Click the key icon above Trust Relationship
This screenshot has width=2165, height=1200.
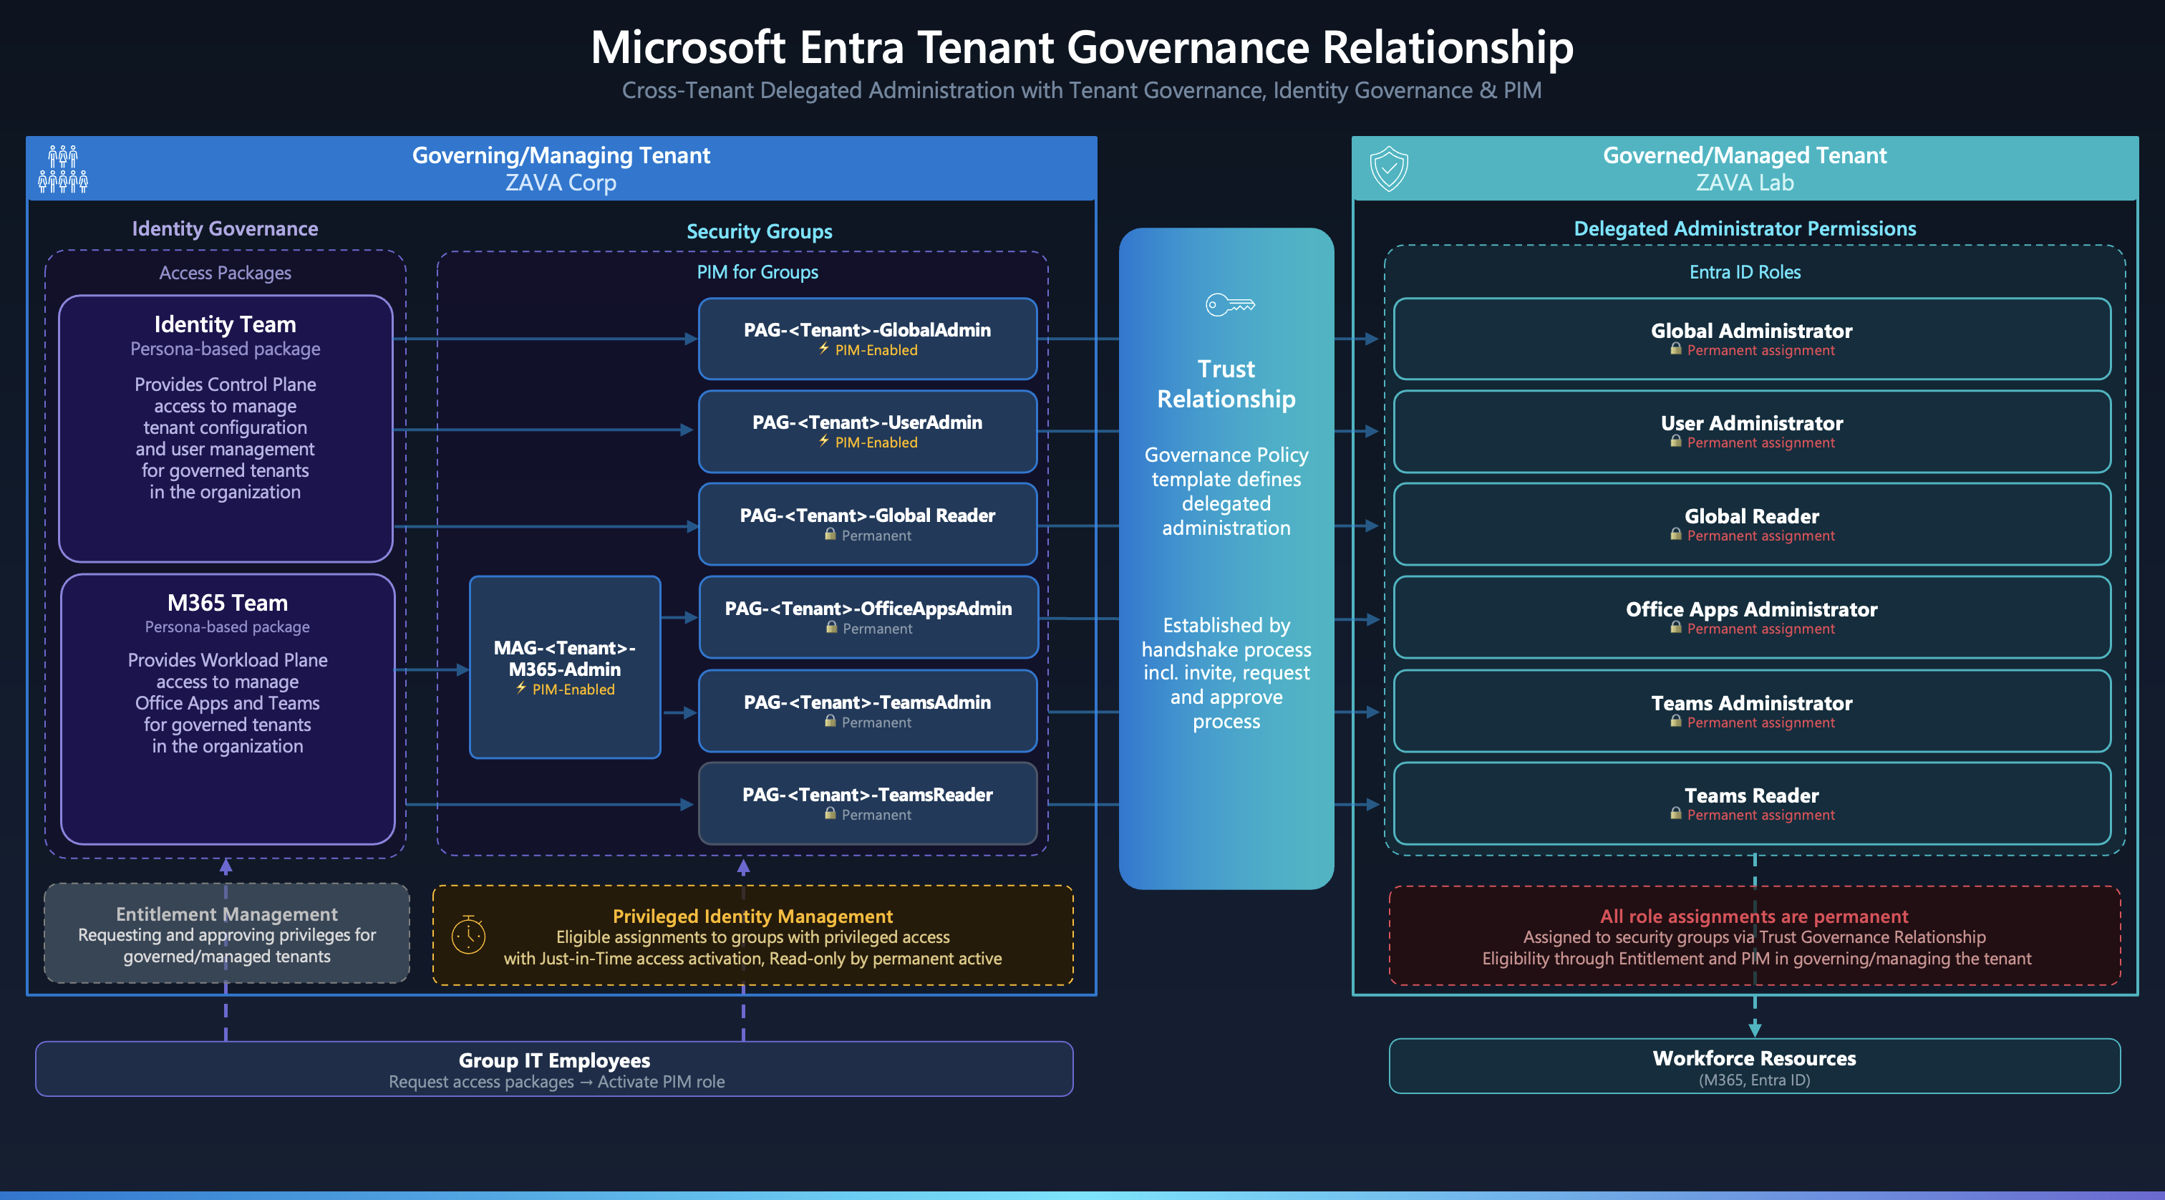click(x=1229, y=304)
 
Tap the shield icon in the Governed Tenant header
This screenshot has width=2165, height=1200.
click(x=1388, y=168)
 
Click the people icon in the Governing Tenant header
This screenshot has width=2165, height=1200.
click(x=63, y=169)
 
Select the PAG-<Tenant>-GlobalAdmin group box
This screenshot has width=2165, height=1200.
click(x=867, y=339)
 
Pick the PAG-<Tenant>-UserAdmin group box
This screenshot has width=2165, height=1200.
click(x=867, y=431)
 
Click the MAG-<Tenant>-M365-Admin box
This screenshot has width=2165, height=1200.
click(x=565, y=667)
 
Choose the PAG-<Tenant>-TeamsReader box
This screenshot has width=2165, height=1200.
click(x=867, y=803)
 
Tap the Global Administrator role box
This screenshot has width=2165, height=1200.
click(x=1751, y=339)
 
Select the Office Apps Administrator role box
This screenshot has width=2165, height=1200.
click(x=1751, y=618)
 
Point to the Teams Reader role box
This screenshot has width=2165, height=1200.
click(x=1751, y=803)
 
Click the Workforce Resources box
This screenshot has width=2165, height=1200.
click(x=1754, y=1066)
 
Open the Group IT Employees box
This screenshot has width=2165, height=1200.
click(x=554, y=1069)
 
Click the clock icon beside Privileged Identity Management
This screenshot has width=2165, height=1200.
click(x=468, y=934)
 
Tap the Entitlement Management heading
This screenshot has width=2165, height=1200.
click(x=227, y=914)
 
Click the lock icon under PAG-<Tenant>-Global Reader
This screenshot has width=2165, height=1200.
click(x=830, y=534)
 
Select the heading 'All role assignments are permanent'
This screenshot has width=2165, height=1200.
click(x=1754, y=916)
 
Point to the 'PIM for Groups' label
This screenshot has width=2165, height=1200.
click(x=757, y=272)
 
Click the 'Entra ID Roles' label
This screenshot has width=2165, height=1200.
click(x=1745, y=272)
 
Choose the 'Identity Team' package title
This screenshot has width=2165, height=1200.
click(x=226, y=324)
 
